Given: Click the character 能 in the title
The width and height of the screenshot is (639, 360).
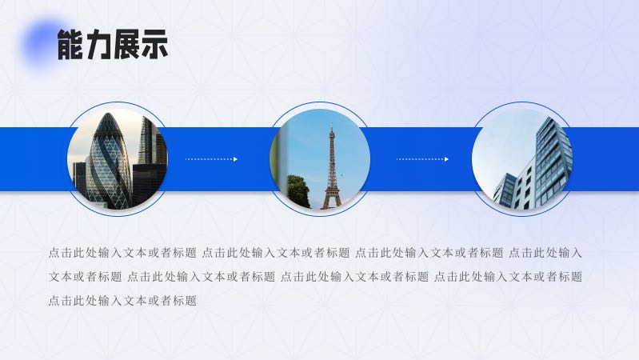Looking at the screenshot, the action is [70, 44].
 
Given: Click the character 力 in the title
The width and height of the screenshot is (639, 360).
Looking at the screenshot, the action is [98, 44].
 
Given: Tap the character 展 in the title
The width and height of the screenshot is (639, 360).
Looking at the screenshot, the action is [126, 44].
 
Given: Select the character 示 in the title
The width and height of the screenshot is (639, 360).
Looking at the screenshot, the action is [154, 44].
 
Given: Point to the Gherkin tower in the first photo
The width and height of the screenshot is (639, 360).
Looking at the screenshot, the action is [108, 160].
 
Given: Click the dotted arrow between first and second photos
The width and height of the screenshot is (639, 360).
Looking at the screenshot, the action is [211, 159].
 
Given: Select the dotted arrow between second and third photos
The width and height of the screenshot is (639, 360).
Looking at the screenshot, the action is [422, 159].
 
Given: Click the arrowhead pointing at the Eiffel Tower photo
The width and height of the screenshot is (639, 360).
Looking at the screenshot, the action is [235, 159].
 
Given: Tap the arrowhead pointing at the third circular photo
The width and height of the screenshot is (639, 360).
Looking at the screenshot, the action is [446, 159].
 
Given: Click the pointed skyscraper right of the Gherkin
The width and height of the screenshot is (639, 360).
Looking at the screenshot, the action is [146, 141].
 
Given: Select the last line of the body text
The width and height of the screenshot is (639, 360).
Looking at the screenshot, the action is [122, 301].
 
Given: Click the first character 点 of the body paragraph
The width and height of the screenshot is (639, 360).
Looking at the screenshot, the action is [54, 253].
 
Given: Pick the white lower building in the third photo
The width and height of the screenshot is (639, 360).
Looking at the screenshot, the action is [524, 187].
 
